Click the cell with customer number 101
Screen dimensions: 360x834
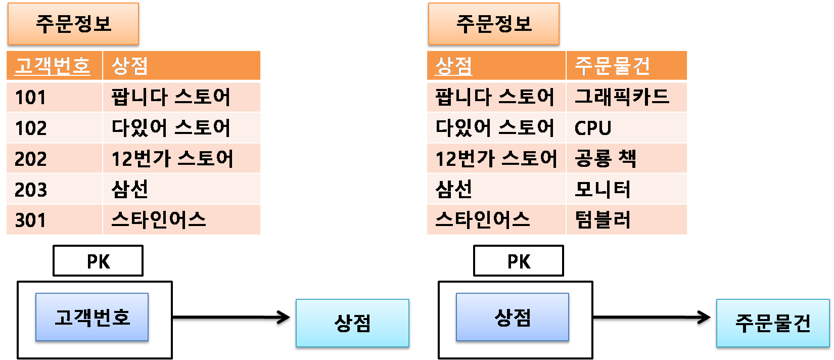coord(54,97)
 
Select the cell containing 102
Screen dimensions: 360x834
coord(54,127)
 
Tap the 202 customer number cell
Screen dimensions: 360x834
coord(54,158)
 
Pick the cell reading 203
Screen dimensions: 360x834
coord(54,189)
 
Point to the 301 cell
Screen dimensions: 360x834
coord(54,220)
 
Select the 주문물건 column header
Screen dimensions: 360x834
coord(626,65)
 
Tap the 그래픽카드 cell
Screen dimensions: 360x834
coord(626,97)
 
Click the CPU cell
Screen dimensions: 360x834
coord(626,127)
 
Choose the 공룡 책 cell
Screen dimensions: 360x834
coord(626,158)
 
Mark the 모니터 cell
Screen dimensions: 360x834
coord(626,189)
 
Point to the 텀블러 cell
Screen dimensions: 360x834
coord(626,220)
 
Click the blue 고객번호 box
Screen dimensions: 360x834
coord(92,317)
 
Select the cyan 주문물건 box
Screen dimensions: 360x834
coord(772,324)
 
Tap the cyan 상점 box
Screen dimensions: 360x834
coord(352,324)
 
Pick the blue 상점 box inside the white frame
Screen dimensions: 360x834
coord(512,317)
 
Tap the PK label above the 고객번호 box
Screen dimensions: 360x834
coord(98,261)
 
